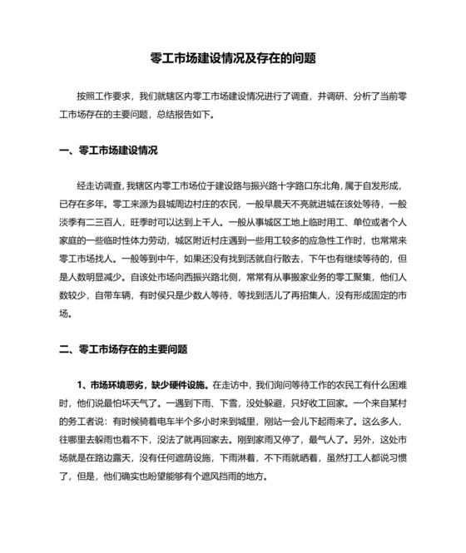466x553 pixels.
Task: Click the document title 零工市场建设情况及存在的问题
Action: [x=233, y=59]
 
